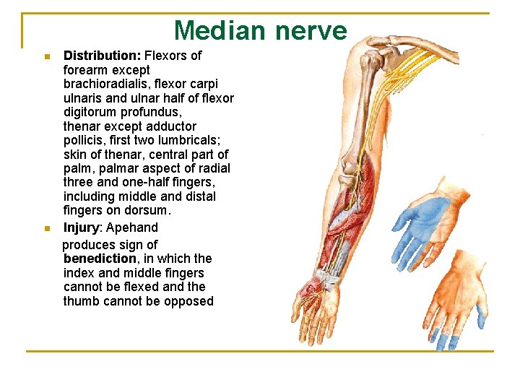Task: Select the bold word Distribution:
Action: click(103, 56)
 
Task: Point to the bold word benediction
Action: click(100, 259)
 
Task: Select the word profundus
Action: click(155, 112)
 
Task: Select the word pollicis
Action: click(85, 140)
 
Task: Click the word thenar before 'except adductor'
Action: click(81, 126)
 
